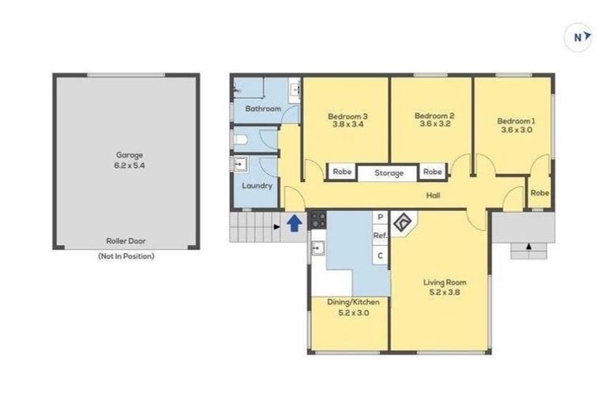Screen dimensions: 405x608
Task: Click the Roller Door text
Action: point(125,240)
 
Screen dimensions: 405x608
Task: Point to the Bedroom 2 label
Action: point(434,115)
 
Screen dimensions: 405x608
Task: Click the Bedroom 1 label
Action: point(516,121)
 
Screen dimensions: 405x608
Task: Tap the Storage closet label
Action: point(389,172)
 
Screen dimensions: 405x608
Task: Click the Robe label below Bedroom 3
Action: point(342,172)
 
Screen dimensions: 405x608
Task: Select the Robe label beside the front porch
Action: point(540,192)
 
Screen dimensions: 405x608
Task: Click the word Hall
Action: point(432,195)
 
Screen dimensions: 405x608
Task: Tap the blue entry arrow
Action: point(294,223)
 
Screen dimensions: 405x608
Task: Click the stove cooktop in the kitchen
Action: point(318,220)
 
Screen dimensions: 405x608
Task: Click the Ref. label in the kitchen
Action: point(380,236)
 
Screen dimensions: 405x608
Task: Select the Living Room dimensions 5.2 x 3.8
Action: point(444,292)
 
